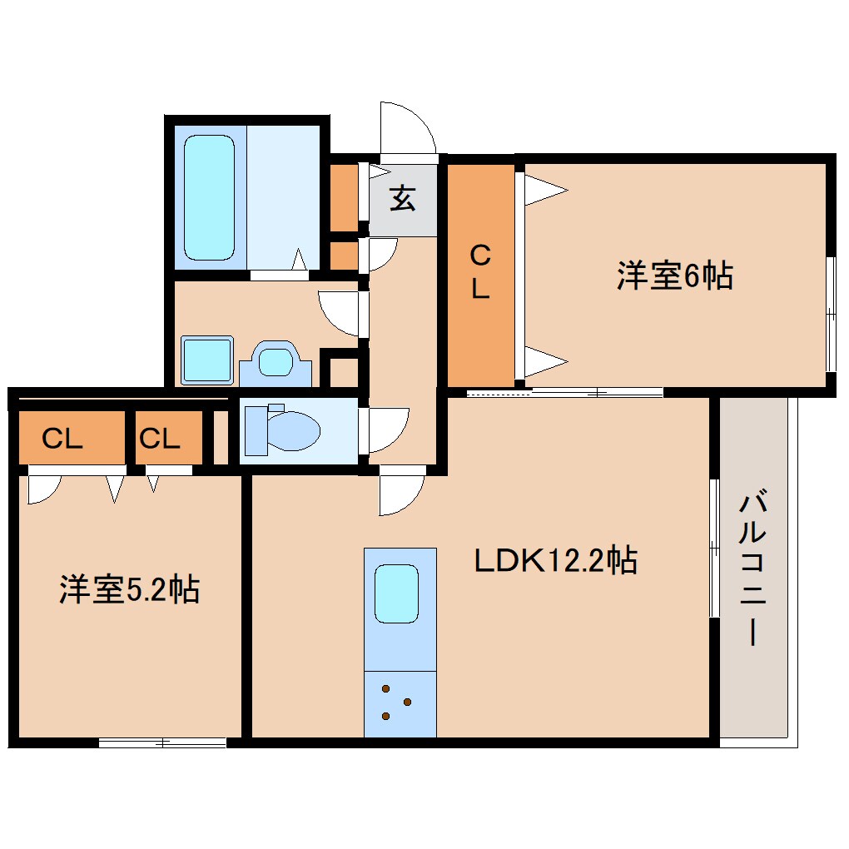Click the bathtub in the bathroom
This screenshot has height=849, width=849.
click(208, 198)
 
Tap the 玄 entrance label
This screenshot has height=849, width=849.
click(403, 200)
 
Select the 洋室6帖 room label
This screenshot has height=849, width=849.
click(674, 276)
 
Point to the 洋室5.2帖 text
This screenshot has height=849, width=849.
click(129, 589)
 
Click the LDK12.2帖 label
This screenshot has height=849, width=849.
click(555, 560)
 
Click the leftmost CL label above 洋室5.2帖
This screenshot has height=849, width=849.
click(63, 439)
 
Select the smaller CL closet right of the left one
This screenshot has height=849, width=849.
click(160, 439)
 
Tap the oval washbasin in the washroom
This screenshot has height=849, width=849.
click(276, 363)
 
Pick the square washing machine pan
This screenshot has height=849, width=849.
click(206, 360)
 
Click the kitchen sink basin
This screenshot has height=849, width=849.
click(396, 593)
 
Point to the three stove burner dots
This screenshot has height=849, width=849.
click(395, 703)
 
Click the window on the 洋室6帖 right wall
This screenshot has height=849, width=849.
click(830, 314)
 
